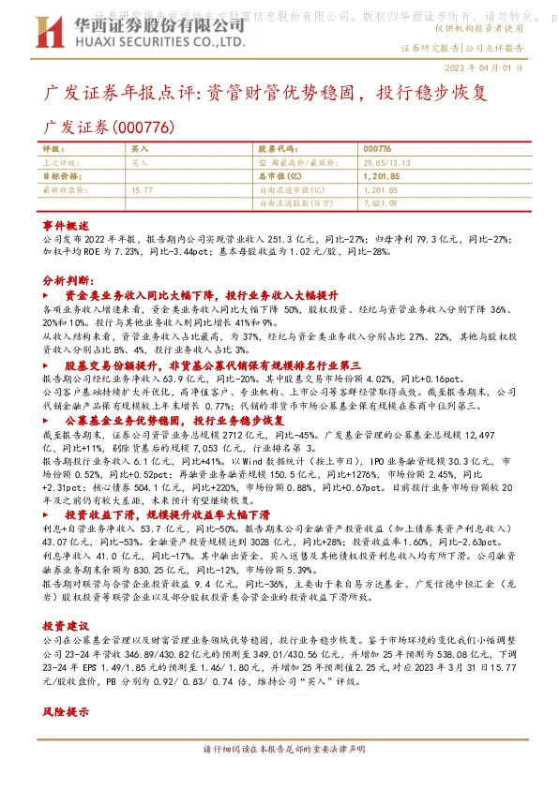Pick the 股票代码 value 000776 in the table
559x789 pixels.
pyautogui.click(x=376, y=148)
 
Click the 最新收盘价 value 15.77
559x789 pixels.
pyautogui.click(x=143, y=188)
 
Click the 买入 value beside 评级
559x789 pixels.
pyautogui.click(x=140, y=148)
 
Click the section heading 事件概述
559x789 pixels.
pyautogui.click(x=66, y=227)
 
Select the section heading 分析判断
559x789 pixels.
pyautogui.click(x=68, y=279)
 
